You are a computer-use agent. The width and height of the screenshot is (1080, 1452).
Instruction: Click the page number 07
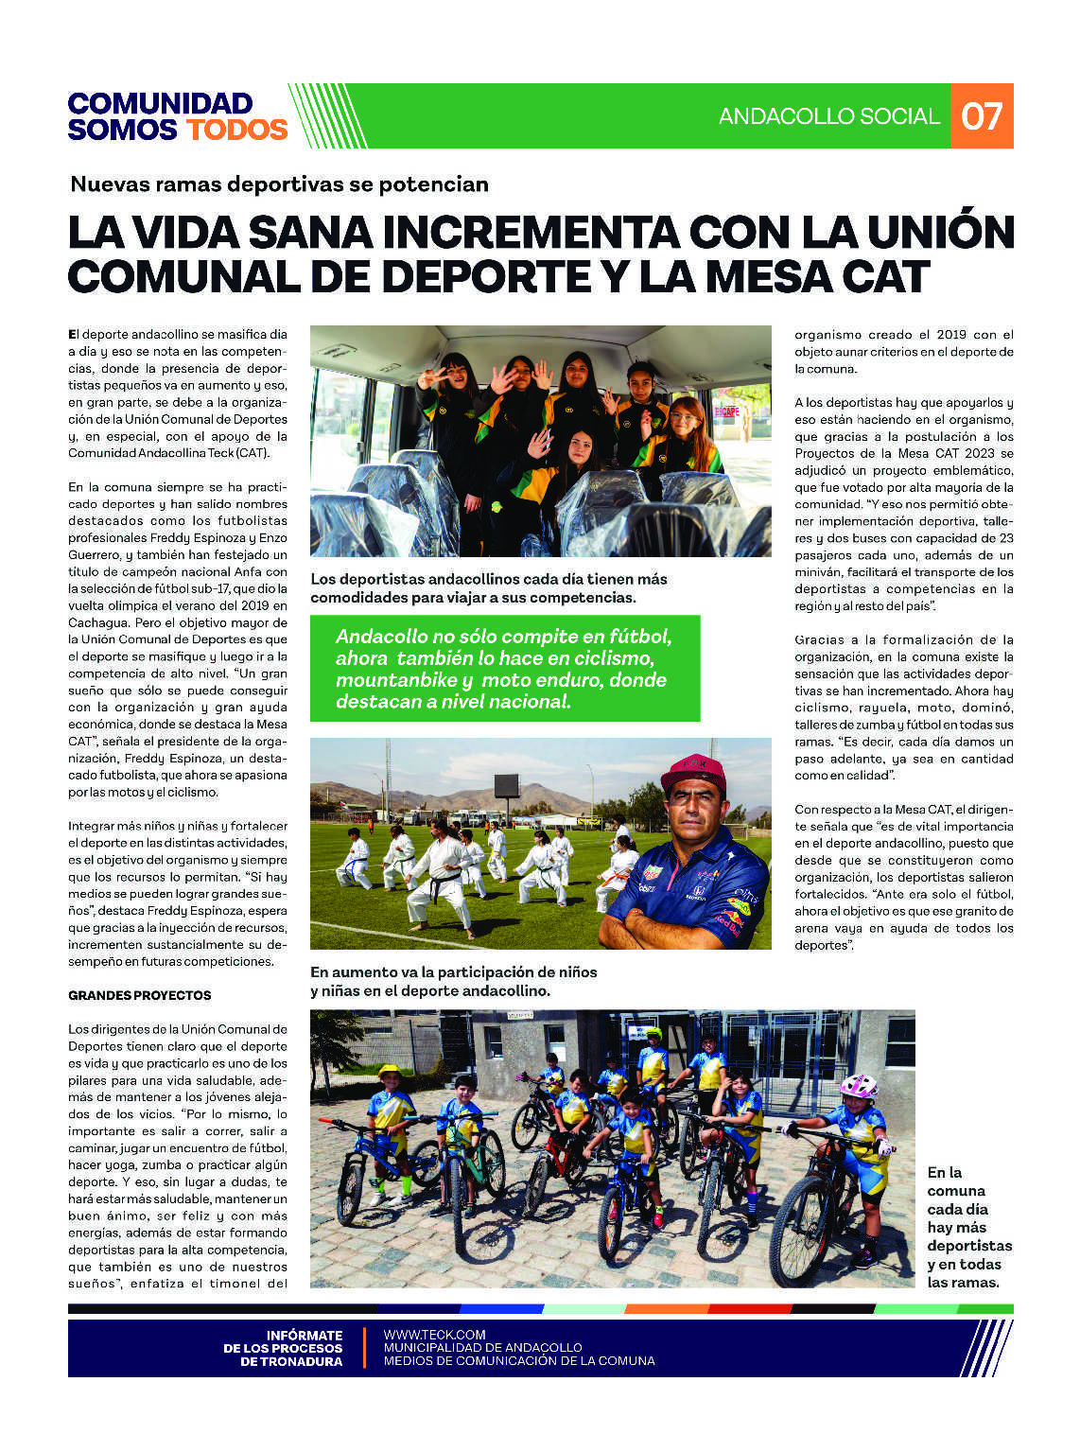(x=981, y=116)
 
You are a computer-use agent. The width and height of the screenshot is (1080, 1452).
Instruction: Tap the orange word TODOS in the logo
(x=236, y=130)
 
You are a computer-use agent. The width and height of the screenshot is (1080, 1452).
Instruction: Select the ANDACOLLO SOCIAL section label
(x=828, y=116)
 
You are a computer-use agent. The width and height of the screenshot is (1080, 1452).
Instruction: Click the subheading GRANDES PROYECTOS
(x=140, y=995)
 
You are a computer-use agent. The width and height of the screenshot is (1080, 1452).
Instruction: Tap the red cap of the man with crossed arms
(x=692, y=770)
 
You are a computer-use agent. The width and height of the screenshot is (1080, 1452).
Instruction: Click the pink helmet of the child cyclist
(x=858, y=1085)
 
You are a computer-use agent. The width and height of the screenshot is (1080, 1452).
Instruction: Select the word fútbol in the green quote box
(x=635, y=637)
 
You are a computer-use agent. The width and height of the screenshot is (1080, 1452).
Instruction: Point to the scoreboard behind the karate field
(x=506, y=785)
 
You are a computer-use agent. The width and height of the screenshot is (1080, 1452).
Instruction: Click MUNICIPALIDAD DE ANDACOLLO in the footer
(x=482, y=1347)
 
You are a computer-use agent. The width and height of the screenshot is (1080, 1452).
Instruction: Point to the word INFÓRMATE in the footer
(x=304, y=1335)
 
